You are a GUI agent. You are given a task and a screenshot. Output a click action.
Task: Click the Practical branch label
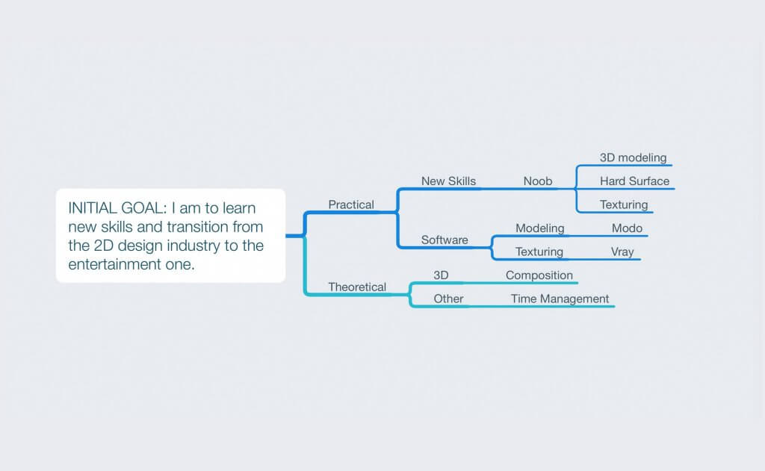coord(351,205)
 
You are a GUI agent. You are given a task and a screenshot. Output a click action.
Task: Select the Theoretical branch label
coord(356,287)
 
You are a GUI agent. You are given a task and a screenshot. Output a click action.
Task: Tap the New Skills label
coord(448,181)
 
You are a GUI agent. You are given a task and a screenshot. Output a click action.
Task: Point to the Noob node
coord(538,181)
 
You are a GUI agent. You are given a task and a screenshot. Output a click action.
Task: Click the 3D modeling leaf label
coord(633,158)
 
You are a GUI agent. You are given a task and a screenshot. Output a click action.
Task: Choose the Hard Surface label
coord(634,181)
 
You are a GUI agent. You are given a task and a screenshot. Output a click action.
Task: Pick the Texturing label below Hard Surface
coord(624,205)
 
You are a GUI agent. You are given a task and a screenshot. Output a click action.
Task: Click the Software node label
coord(445,240)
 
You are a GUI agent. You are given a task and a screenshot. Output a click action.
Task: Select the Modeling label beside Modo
coord(539,228)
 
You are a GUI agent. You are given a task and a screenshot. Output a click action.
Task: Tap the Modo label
coord(627,228)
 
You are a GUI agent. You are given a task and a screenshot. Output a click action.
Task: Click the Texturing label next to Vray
coord(539,252)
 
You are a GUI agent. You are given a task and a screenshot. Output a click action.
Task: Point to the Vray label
coord(622,252)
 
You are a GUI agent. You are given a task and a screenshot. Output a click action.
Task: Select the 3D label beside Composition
coord(441,275)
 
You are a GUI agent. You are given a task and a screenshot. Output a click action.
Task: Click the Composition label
coord(539,275)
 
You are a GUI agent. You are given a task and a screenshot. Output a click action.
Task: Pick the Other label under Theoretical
coord(448,299)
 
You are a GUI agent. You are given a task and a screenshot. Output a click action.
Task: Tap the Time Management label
coord(560,299)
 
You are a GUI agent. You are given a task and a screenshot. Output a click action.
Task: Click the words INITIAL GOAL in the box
coord(117,208)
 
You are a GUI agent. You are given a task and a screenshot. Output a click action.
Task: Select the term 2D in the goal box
coord(103,246)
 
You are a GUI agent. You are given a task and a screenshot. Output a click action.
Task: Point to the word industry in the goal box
coord(193,246)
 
